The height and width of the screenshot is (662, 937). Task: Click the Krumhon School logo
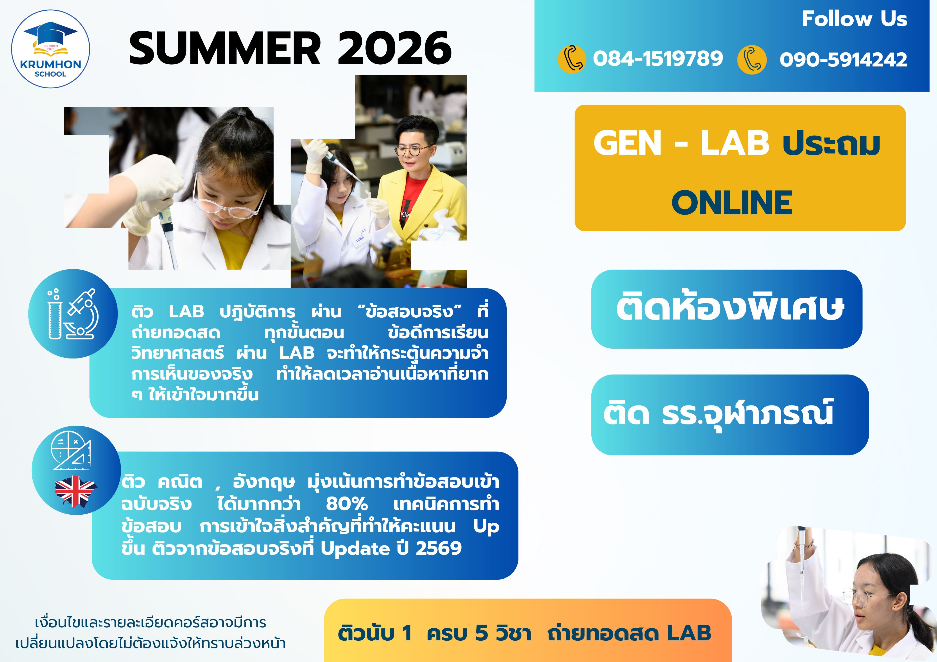pyautogui.click(x=50, y=49)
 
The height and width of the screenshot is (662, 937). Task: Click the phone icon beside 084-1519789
pyautogui.click(x=572, y=59)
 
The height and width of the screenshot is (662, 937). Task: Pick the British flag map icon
pyautogui.click(x=75, y=491)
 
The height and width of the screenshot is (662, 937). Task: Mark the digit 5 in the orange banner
pyautogui.click(x=482, y=633)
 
